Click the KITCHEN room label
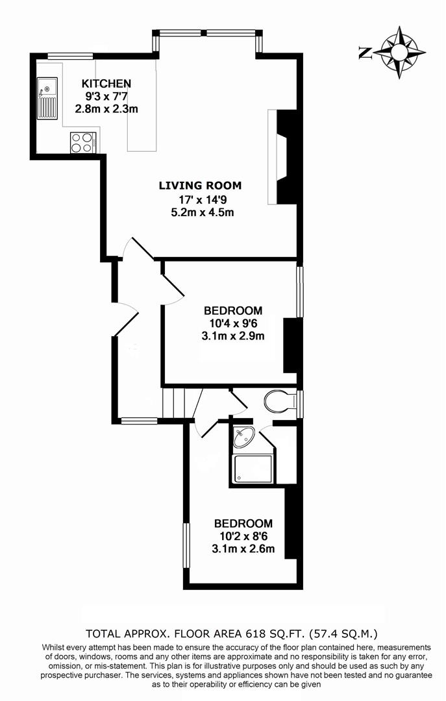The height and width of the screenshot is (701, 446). tap(106, 83)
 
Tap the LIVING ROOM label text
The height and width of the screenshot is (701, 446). tap(201, 185)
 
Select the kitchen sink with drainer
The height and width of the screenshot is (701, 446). tap(47, 99)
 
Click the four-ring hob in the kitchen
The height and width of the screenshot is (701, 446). tap(82, 143)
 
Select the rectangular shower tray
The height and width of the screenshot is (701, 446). tap(253, 469)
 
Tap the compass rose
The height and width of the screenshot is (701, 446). tap(399, 53)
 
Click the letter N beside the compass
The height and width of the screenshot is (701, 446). tap(365, 53)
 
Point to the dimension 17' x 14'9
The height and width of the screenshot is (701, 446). tap(201, 199)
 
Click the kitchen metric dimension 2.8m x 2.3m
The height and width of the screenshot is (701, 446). tap(106, 108)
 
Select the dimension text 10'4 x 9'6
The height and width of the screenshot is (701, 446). tap(233, 323)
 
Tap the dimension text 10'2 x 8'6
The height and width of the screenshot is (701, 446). tap(243, 535)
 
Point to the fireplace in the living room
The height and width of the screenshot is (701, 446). tap(282, 157)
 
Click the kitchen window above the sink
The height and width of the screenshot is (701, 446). tap(70, 56)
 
